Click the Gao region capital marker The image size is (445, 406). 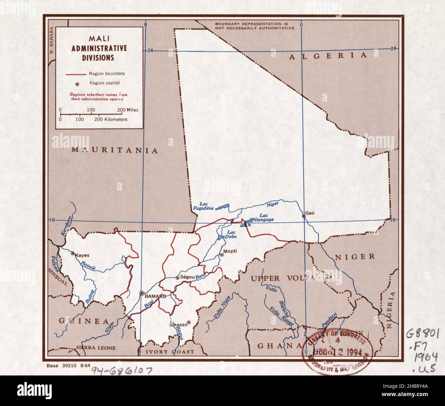(x=304, y=216)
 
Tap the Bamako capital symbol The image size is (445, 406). (x=142, y=293)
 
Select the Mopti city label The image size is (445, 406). (x=230, y=251)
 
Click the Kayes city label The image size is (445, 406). (x=81, y=255)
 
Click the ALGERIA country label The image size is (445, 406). (x=328, y=56)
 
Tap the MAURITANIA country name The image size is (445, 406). (x=115, y=151)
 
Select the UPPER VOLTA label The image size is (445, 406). (x=282, y=278)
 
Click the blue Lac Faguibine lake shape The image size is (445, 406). (x=223, y=207)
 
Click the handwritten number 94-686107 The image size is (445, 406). (x=119, y=371)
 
